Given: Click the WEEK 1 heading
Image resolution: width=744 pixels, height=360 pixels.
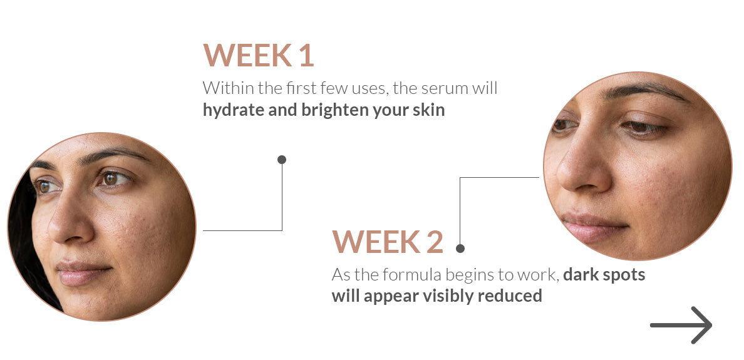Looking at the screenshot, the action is (259, 55).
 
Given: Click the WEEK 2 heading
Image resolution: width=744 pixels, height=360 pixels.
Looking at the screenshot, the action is (387, 242).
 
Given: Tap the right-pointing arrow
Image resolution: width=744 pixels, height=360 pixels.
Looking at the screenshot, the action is (681, 325).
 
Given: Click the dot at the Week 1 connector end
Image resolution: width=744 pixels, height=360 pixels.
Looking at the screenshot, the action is (282, 160).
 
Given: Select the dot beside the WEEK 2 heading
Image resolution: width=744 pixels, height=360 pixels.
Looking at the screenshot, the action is (460, 248).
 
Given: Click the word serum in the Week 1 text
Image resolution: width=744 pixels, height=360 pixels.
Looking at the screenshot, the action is (431, 89).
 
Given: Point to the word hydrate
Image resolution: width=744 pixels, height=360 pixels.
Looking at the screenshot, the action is (233, 111).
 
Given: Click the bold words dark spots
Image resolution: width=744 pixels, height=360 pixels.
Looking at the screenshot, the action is (604, 275).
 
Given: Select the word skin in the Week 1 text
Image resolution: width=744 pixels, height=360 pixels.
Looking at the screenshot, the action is (429, 111).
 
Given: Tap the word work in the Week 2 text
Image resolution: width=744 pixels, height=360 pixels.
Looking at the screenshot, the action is (539, 275).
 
